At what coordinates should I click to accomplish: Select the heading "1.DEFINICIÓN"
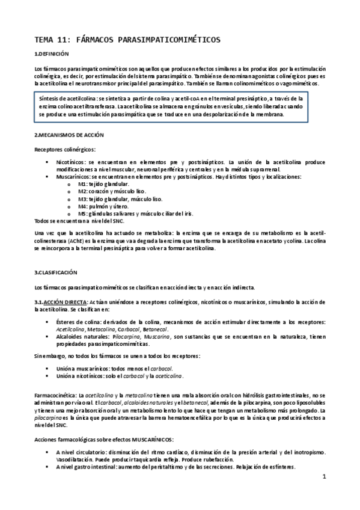53,55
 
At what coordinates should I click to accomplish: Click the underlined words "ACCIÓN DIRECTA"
66,301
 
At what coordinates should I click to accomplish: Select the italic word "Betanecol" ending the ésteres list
156,330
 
